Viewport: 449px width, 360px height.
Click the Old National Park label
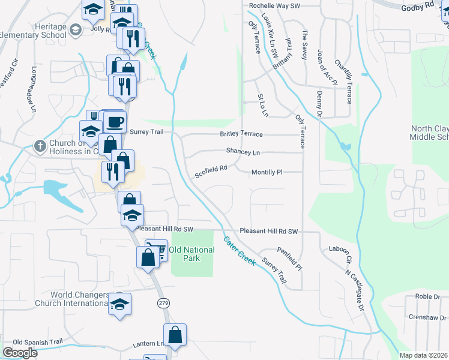[192, 254]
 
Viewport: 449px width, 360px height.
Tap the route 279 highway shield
[163, 304]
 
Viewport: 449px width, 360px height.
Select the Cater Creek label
[240, 251]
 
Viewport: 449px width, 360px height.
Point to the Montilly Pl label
[267, 172]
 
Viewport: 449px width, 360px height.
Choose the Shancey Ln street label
[243, 152]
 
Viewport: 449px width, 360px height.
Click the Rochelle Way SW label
[274, 6]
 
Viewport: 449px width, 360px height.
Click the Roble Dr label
[428, 296]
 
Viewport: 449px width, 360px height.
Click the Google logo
[20, 353]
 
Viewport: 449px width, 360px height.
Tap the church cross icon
[40, 146]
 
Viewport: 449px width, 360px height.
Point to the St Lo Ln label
[262, 105]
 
